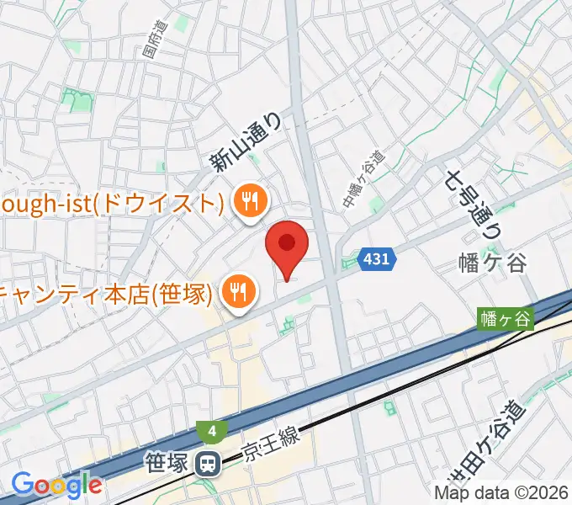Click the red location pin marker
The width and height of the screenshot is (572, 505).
[x=287, y=245]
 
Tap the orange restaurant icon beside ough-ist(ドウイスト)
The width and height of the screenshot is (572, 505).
[x=249, y=202]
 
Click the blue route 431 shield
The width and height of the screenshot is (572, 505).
[x=376, y=259]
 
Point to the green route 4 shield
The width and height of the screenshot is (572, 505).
[x=213, y=432]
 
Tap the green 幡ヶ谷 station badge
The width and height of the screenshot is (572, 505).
[x=506, y=319]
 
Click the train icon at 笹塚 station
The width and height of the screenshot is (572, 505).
[x=205, y=461]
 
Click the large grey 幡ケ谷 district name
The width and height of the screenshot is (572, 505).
[x=495, y=263]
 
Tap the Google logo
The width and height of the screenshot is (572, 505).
[x=56, y=485]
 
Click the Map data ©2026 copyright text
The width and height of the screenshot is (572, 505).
[x=502, y=492]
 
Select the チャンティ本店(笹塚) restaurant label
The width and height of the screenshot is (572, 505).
[x=105, y=293]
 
